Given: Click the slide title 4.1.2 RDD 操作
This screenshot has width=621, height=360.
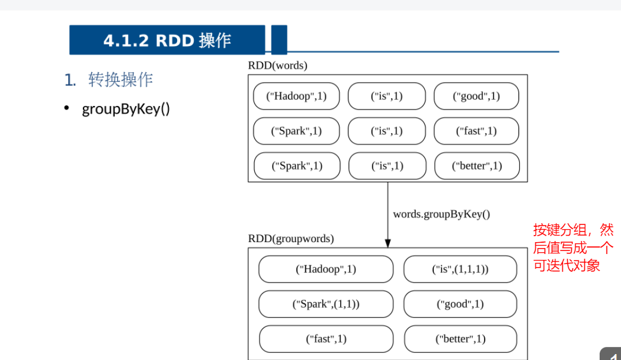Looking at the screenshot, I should tap(167, 40).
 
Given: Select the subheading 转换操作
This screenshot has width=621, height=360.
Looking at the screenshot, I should tap(120, 80).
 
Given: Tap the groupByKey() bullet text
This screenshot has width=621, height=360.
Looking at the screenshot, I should tap(126, 109).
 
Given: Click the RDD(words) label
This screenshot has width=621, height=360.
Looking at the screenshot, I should tap(277, 66).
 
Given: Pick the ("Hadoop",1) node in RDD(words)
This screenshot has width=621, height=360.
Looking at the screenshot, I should tap(296, 96).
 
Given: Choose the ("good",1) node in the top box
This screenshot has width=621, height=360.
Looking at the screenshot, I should tap(476, 96).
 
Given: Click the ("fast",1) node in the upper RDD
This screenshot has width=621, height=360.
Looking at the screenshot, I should tap(476, 131).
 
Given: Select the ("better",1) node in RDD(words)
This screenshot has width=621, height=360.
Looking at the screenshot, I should tap(476, 166).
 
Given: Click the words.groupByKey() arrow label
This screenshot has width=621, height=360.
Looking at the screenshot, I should tap(441, 214).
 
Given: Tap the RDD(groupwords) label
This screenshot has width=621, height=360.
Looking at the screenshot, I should tap(290, 239).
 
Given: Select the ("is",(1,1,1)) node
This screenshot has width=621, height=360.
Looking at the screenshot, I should tap(460, 269).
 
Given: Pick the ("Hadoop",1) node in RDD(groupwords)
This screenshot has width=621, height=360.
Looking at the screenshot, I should tap(325, 269).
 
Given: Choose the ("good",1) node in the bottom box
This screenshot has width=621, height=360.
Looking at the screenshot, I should tap(460, 304).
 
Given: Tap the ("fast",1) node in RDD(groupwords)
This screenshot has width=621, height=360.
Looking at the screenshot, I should tap(326, 339).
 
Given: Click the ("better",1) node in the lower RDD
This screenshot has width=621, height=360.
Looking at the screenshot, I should tap(460, 339).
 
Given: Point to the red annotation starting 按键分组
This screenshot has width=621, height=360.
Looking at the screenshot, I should tap(572, 247).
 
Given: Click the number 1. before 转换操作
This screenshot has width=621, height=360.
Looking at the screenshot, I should tap(71, 80).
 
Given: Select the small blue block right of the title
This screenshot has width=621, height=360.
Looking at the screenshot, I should tap(279, 40).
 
